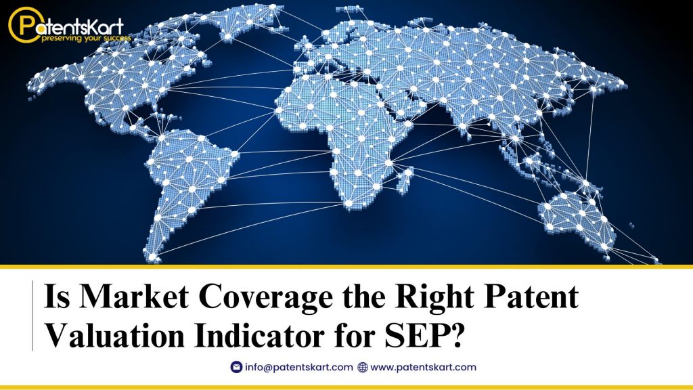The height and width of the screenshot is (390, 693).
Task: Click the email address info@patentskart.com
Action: tap(299, 367)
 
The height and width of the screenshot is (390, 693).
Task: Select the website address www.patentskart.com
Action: tap(424, 367)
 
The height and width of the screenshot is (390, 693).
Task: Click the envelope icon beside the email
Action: tap(236, 367)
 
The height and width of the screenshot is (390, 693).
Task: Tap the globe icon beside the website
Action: tap(362, 367)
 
